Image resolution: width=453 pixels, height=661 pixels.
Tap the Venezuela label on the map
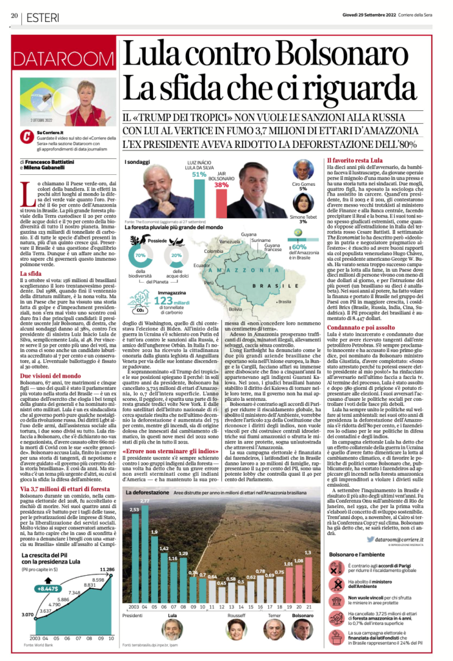click(230, 241)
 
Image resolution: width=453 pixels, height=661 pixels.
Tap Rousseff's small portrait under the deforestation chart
click(236, 628)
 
